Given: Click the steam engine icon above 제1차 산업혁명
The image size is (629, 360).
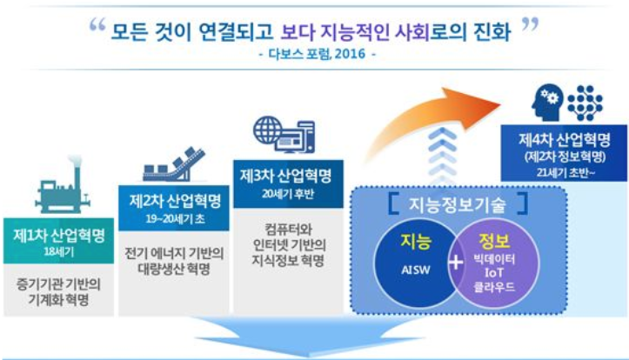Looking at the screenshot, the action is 63,185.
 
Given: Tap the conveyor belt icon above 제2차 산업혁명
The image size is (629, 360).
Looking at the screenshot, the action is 174,164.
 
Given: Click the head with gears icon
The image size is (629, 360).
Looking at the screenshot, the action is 547,102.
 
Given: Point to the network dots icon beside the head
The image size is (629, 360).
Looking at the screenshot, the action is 586,103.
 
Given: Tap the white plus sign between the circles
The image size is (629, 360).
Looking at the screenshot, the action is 456,263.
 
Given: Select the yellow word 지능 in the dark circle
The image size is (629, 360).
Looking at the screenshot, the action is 416,242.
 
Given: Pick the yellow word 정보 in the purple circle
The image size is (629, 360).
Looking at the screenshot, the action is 494,241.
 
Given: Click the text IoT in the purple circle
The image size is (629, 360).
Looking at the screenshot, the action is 494,272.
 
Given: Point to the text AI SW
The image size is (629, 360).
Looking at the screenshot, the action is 416,270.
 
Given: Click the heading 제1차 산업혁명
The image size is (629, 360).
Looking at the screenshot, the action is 59,236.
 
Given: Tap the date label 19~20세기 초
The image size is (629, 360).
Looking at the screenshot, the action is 175,219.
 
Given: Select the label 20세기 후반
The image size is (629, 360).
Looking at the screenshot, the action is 288,194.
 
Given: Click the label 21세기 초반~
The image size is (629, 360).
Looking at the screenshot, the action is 565,172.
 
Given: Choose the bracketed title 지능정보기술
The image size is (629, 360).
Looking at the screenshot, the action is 458,204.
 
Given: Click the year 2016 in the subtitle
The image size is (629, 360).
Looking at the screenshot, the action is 350,54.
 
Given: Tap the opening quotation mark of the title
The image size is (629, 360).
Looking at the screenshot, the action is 97,26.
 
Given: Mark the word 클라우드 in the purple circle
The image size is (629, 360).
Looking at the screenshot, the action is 494,287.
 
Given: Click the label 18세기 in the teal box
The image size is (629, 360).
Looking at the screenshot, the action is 59,252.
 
